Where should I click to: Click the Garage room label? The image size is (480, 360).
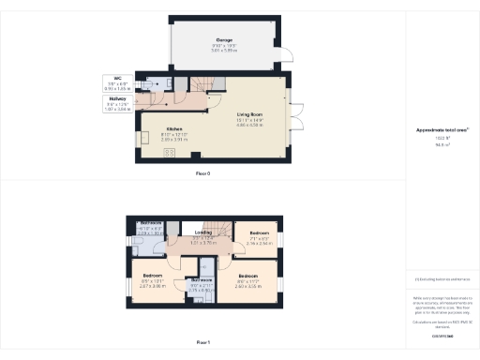click(224, 40)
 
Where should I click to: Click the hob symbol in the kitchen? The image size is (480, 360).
click(171, 152)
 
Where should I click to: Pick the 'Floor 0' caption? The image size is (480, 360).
click(202, 173)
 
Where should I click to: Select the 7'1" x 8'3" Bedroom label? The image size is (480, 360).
click(260, 232)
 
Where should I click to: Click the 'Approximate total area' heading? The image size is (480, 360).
click(442, 129)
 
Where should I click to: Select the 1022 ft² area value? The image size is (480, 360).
click(442, 137)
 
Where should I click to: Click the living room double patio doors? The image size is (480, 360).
click(294, 120)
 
